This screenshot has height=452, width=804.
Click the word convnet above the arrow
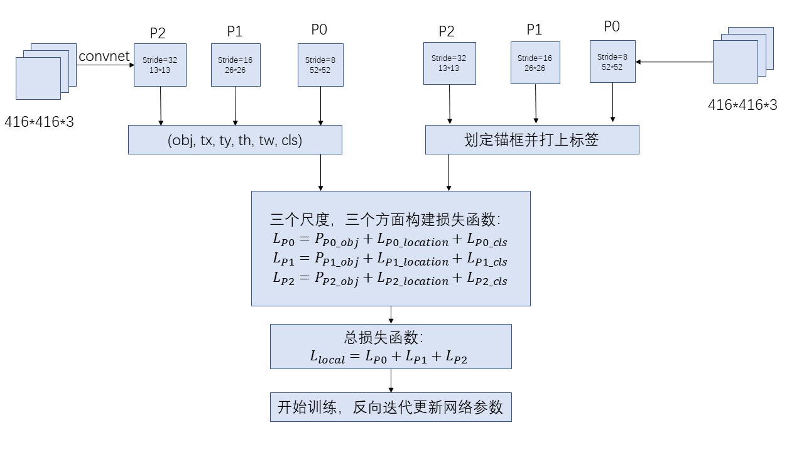point(104,56)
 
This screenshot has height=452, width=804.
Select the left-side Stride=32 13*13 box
point(160,65)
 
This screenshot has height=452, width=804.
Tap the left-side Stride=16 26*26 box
point(236,65)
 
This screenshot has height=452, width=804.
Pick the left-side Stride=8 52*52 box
point(320,65)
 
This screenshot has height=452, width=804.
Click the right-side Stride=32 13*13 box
point(449,63)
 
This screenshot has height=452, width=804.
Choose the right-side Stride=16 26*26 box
point(535,63)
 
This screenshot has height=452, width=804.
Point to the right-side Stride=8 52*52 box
point(612,62)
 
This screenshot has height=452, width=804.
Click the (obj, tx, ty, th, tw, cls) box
point(235,140)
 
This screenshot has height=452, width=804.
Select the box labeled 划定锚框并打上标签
point(531,140)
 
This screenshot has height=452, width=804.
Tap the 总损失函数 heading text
point(384,338)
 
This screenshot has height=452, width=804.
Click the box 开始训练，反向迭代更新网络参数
point(391,407)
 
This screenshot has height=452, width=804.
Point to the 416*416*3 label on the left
point(39,122)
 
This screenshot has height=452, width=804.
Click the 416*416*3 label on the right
point(742,105)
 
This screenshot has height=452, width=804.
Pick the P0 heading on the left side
point(319,29)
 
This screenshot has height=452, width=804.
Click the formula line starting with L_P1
point(389,259)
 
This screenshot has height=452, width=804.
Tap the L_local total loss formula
point(388,358)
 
